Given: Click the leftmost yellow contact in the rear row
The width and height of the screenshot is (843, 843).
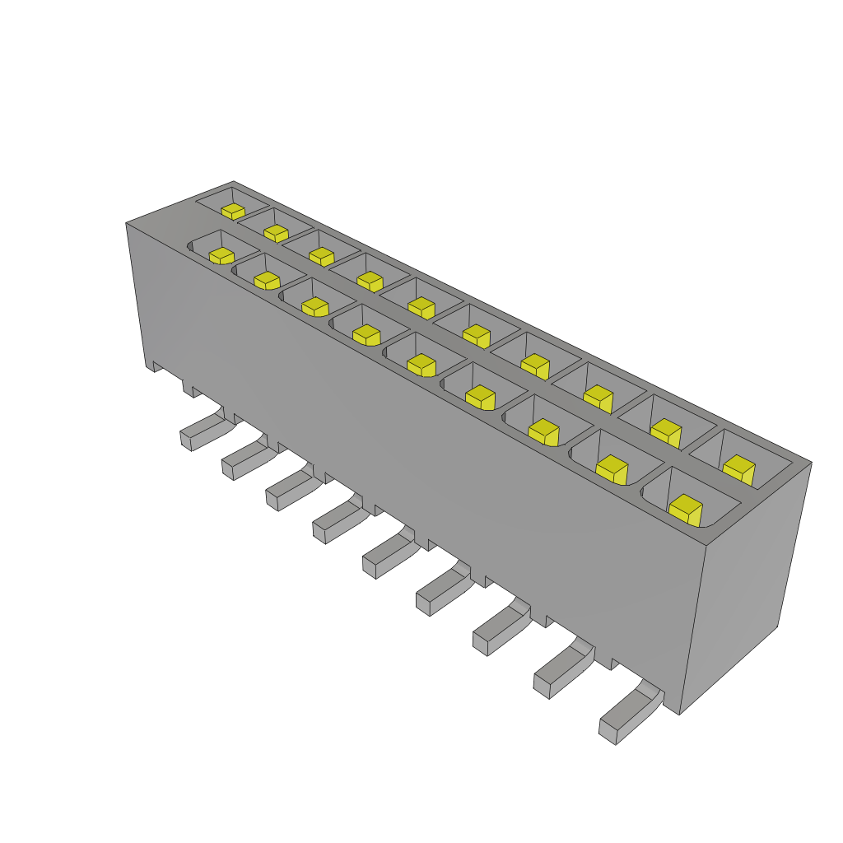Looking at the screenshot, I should click(x=233, y=211).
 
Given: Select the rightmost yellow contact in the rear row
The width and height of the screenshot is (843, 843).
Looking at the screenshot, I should click(x=739, y=469).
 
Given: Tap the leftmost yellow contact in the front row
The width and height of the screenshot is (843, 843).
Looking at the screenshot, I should click(x=221, y=255).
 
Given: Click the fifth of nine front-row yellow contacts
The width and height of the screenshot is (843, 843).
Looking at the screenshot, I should click(x=421, y=364).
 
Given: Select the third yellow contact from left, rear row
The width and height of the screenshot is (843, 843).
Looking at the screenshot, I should click(x=321, y=256).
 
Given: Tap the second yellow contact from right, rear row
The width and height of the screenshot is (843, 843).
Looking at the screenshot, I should click(x=666, y=432).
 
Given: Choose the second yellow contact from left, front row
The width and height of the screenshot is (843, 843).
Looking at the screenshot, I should click(x=267, y=281).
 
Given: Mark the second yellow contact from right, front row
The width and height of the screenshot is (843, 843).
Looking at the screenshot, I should click(x=612, y=469).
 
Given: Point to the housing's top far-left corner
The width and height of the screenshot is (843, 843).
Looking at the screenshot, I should click(x=126, y=223).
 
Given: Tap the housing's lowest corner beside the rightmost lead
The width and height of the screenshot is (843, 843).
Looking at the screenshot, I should click(x=679, y=714).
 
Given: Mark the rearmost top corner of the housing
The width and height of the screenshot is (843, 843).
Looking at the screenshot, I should click(x=234, y=181).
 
